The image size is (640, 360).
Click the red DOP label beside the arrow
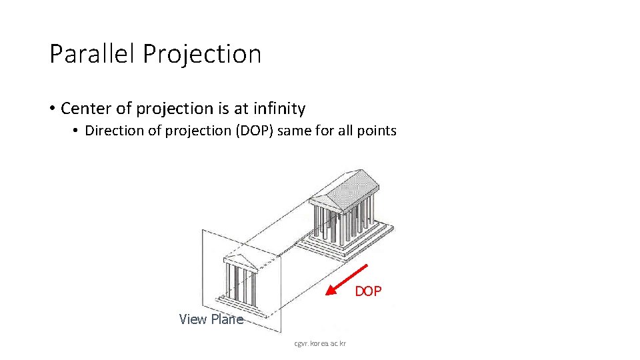pyautogui.click(x=368, y=291)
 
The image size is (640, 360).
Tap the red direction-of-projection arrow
pyautogui.click(x=346, y=280)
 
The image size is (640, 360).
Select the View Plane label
pyautogui.click(x=211, y=319)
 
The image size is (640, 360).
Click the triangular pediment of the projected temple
pyautogui.click(x=240, y=261)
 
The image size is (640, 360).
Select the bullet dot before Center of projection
pyautogui.click(x=51, y=109)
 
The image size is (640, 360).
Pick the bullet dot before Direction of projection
pyautogui.click(x=77, y=131)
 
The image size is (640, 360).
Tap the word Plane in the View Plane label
pyautogui.click(x=227, y=319)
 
